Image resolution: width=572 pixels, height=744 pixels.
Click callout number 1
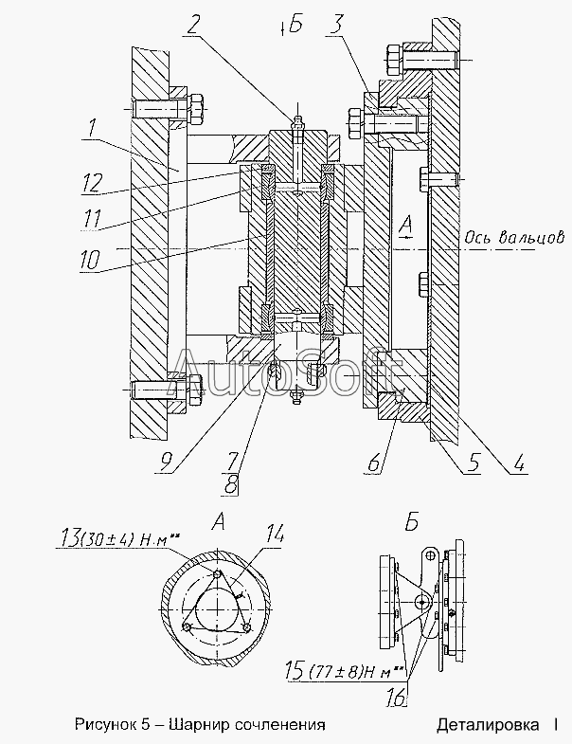tap(93, 129)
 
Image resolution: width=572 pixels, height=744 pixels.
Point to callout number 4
tap(519, 463)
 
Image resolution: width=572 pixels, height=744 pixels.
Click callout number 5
tap(474, 463)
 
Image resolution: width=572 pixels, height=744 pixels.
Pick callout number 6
tap(374, 463)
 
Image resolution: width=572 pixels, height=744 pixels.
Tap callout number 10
tap(90, 260)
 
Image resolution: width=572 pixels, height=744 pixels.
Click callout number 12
tap(92, 183)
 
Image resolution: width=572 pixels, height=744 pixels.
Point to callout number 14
tap(274, 535)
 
